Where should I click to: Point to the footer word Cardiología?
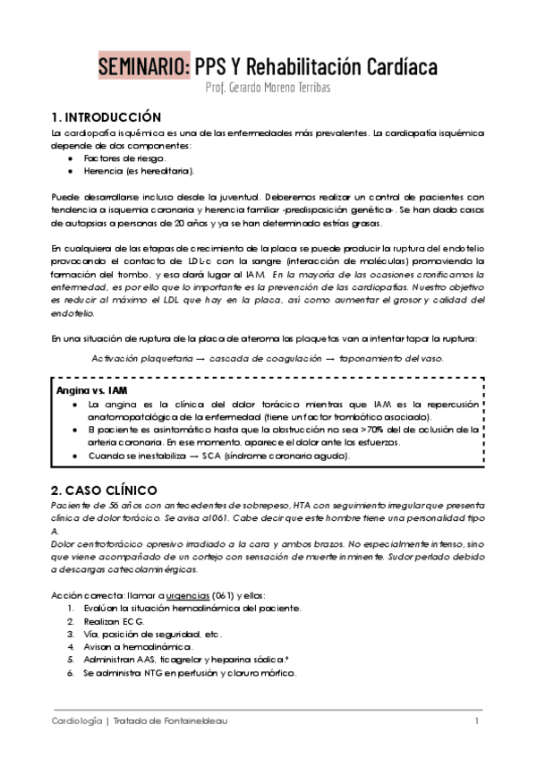click(x=75, y=721)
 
